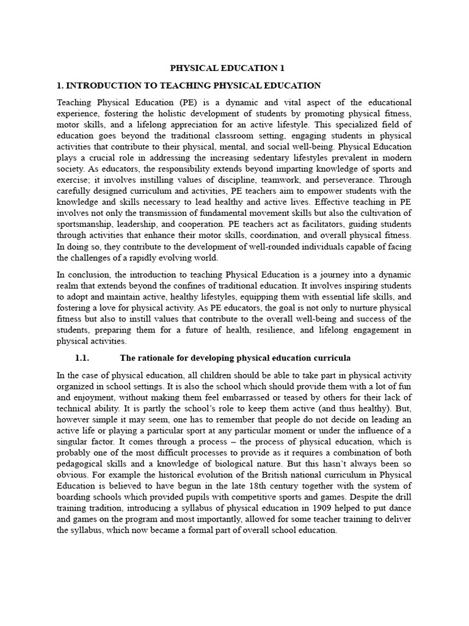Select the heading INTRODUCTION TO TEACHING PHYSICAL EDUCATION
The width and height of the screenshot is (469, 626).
(x=194, y=86)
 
